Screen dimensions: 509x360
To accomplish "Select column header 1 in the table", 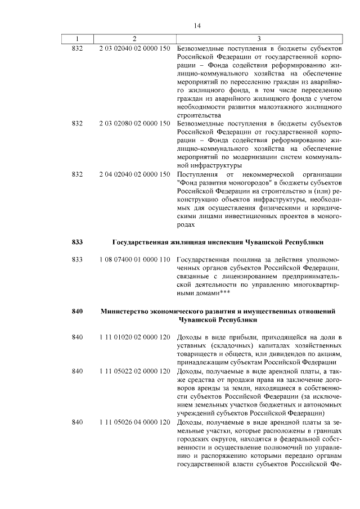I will pos(78,39).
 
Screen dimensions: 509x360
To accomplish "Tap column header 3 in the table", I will pos(259,39).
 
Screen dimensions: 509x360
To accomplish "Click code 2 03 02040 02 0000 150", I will pos(134,49).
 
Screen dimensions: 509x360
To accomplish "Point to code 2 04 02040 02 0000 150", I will pos(134,174).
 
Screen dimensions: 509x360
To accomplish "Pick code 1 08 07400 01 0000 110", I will pos(134,260).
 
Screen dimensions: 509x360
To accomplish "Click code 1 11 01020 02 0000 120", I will pos(134,337).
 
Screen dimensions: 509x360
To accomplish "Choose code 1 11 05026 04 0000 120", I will pos(134,422).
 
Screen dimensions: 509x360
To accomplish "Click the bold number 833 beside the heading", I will pos(78,242).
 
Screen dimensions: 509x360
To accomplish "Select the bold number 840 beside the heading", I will pos(78,311).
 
